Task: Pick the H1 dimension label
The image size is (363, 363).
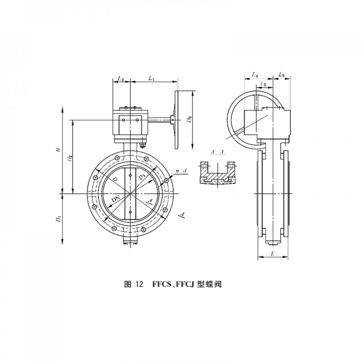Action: pos(59,219)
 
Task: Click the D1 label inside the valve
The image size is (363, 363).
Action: pos(142,178)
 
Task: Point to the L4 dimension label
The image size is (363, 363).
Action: pos(255,75)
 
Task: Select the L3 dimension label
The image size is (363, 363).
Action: pos(263,84)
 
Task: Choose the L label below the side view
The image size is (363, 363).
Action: pos(273,255)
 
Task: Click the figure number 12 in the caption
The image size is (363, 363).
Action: pos(139,284)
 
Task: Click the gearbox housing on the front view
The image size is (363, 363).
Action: pos(129,123)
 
